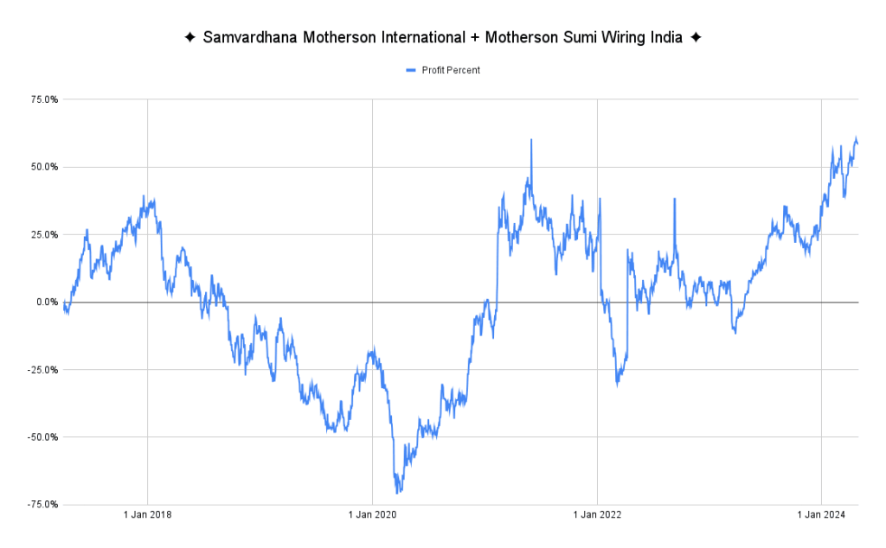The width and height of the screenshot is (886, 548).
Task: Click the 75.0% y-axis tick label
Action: click(x=43, y=99)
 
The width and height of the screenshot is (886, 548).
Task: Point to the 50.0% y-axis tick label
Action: click(x=43, y=167)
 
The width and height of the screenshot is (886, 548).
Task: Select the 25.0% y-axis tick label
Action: click(x=43, y=234)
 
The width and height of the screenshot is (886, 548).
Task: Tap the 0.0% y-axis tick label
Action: click(x=46, y=302)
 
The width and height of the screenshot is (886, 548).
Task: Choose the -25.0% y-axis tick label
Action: click(x=42, y=369)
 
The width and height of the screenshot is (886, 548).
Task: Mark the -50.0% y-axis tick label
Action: click(x=42, y=436)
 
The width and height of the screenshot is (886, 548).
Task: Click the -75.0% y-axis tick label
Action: click(x=42, y=504)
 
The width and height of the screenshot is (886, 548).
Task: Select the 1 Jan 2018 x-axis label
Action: click(x=147, y=516)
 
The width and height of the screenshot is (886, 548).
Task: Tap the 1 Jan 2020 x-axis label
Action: click(x=372, y=516)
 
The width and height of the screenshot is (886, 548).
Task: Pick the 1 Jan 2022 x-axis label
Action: click(x=597, y=516)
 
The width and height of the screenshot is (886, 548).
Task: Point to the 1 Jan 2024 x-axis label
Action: click(x=821, y=516)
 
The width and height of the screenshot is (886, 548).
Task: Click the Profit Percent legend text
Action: click(x=451, y=70)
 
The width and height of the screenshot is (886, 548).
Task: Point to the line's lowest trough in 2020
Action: click(x=398, y=494)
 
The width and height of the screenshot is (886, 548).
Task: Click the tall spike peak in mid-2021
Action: click(x=531, y=139)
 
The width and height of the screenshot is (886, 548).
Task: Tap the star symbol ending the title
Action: click(x=696, y=38)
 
